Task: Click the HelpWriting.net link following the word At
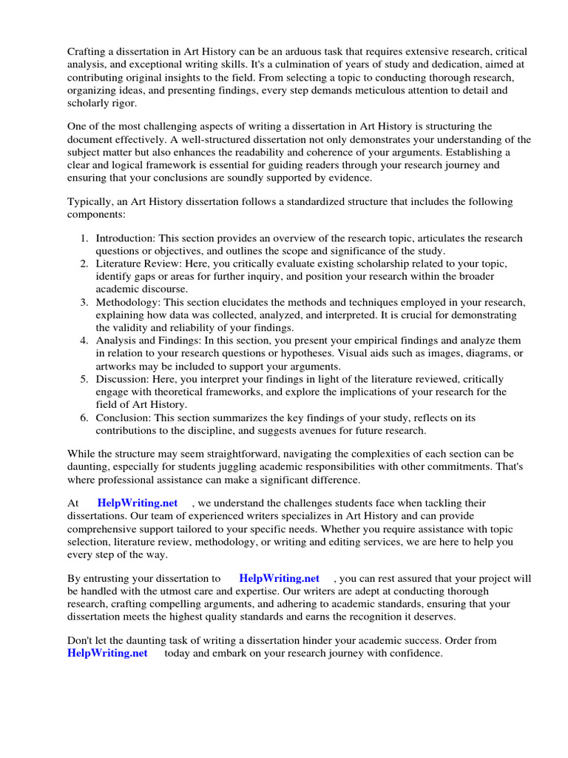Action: coord(138,503)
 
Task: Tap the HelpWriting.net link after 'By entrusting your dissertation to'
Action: coord(280,578)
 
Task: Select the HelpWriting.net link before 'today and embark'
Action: coord(107,653)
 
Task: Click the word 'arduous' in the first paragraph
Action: coord(325,50)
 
